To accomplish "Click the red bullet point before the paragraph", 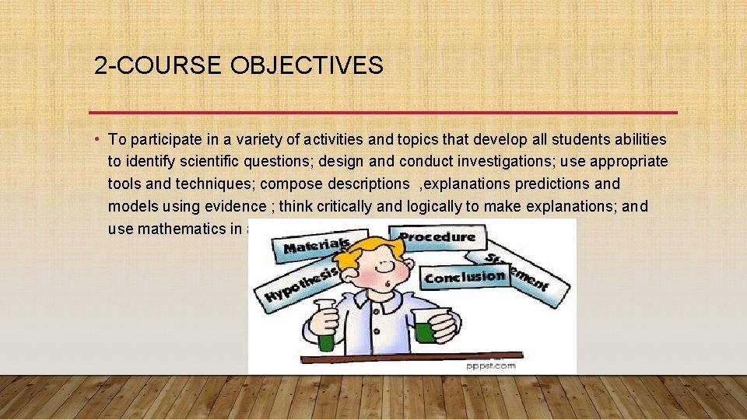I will pyautogui.click(x=98, y=139).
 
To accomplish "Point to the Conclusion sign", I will pyautogui.click(x=465, y=277).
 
